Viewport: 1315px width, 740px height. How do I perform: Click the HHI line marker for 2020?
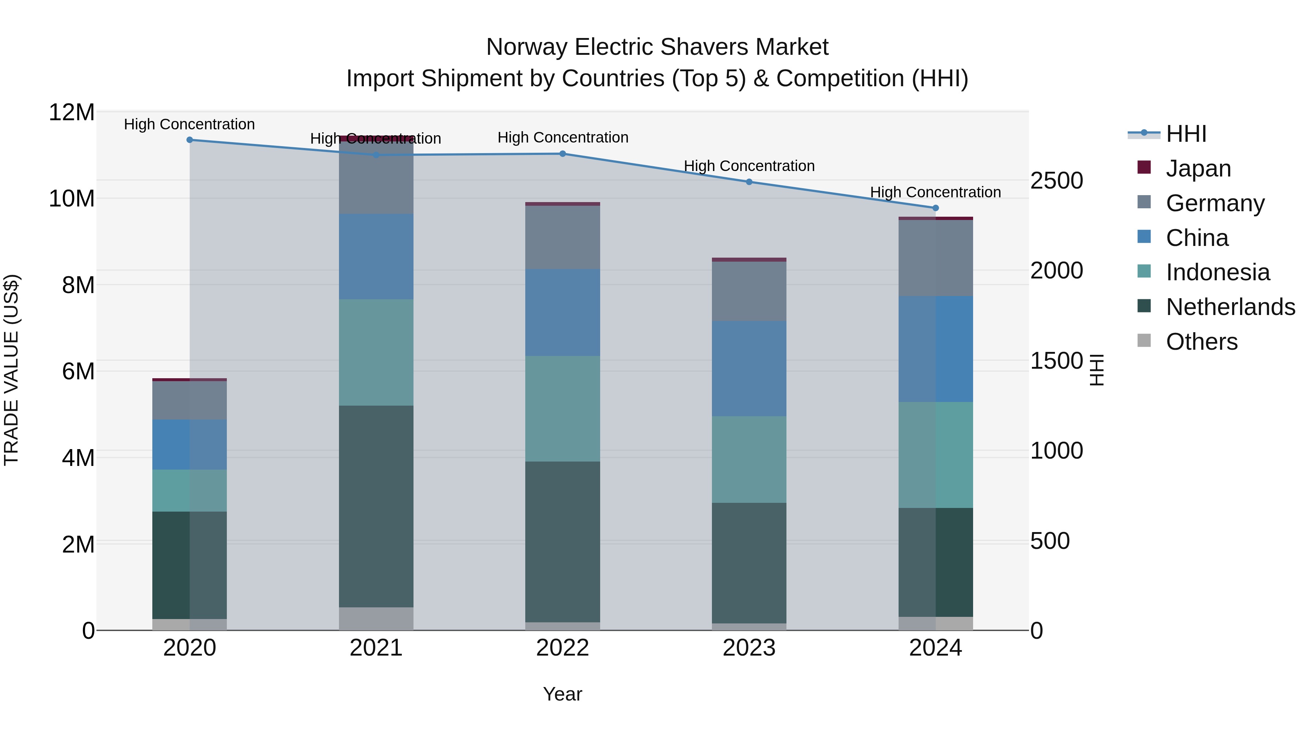(x=189, y=140)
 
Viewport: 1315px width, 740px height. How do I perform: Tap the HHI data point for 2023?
(x=749, y=182)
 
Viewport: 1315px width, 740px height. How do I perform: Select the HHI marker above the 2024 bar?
(x=935, y=208)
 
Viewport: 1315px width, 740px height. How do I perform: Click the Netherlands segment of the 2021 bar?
(x=376, y=506)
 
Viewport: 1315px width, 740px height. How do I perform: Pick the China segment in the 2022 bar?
(x=563, y=312)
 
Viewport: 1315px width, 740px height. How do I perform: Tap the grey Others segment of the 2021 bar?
(x=376, y=618)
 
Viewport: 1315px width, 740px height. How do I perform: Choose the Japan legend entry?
(x=1198, y=168)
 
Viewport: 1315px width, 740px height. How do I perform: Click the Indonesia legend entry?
(x=1217, y=272)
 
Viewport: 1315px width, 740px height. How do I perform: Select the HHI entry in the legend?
(x=1186, y=134)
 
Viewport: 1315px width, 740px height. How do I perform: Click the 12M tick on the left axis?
(x=72, y=112)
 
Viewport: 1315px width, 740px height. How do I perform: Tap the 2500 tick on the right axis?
(x=1056, y=181)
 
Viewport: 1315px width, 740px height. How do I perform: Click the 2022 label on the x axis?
(x=563, y=648)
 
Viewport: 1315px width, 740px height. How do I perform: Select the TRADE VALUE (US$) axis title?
(x=11, y=370)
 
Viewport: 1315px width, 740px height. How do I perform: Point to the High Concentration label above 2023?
(x=749, y=166)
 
